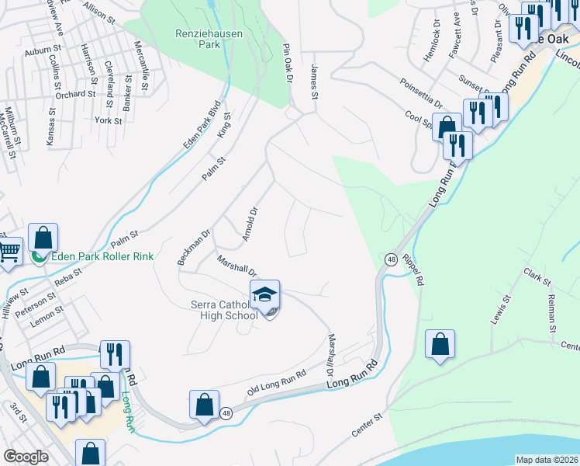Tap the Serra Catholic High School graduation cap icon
pyautogui.click(x=264, y=294)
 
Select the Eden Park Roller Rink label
pyautogui.click(x=102, y=257)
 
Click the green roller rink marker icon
pyautogui.click(x=37, y=256)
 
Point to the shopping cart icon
pyautogui.click(x=9, y=251)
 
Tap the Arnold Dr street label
pyautogui.click(x=249, y=224)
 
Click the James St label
pyautogui.click(x=314, y=82)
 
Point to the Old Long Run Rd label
pyautogui.click(x=278, y=384)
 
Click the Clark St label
pyautogui.click(x=536, y=276)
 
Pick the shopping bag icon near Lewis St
pyautogui.click(x=440, y=344)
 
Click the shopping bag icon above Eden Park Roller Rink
pyautogui.click(x=43, y=236)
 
